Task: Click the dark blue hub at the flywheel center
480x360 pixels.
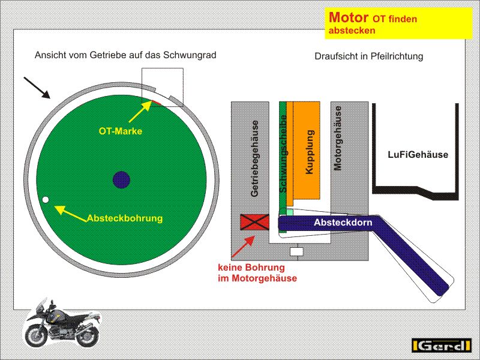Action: tap(121, 179)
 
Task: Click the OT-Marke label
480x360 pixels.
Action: tap(121, 131)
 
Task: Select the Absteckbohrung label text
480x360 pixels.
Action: tap(125, 218)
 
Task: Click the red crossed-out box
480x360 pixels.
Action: tap(255, 222)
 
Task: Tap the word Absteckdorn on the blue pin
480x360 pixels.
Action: tap(343, 223)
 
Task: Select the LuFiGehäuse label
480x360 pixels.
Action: tap(418, 155)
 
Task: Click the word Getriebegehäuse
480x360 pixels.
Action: tap(255, 158)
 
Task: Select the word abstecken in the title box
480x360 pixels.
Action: tap(352, 30)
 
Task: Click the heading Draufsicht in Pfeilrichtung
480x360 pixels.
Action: tap(368, 56)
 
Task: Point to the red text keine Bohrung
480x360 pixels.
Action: tap(251, 267)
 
